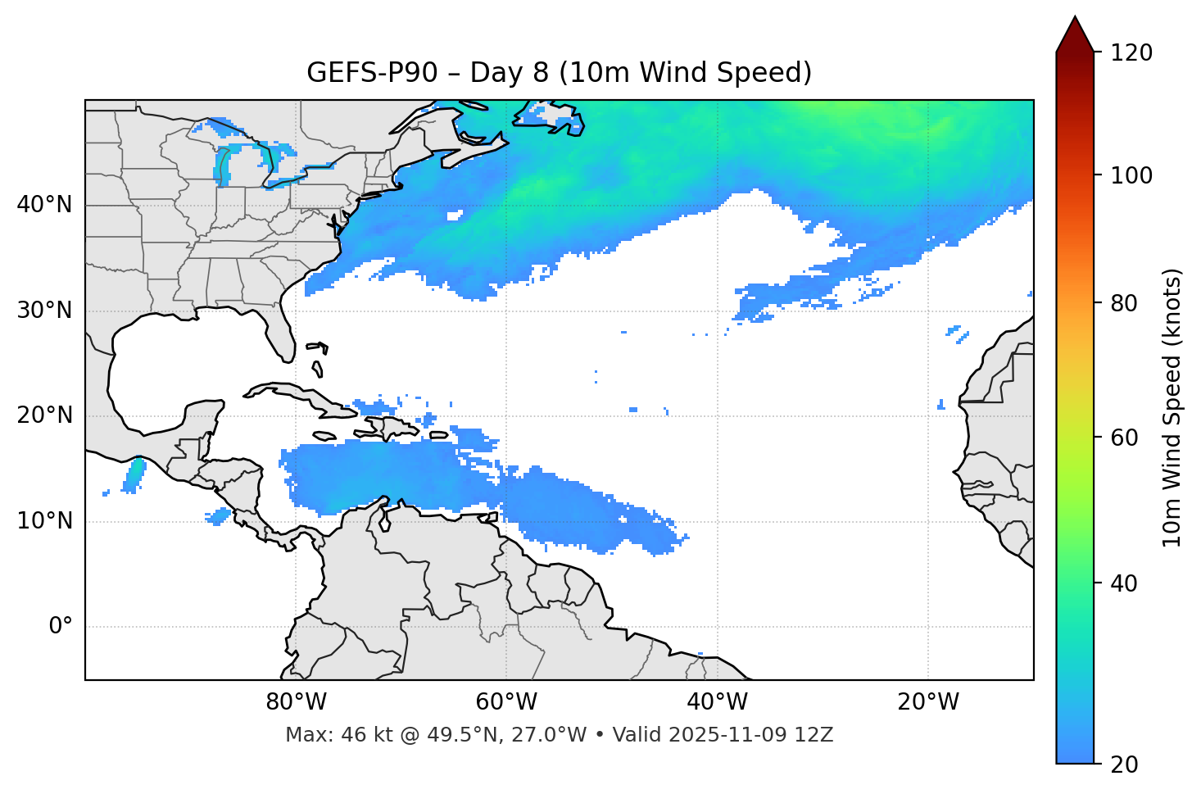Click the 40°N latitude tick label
[x=44, y=205]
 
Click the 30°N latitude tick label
[x=44, y=311]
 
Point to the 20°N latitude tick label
[x=44, y=415]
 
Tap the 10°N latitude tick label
[x=44, y=521]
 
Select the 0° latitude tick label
[x=61, y=627]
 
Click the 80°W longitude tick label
[x=296, y=702]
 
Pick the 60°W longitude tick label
[x=506, y=702]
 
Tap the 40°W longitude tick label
[x=717, y=702]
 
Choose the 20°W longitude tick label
[x=927, y=702]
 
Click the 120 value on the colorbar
[x=1131, y=52]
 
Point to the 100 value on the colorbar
[x=1131, y=175]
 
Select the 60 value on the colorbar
[x=1125, y=438]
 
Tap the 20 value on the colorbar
[x=1125, y=765]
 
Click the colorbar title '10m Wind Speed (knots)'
[x=1172, y=407]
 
